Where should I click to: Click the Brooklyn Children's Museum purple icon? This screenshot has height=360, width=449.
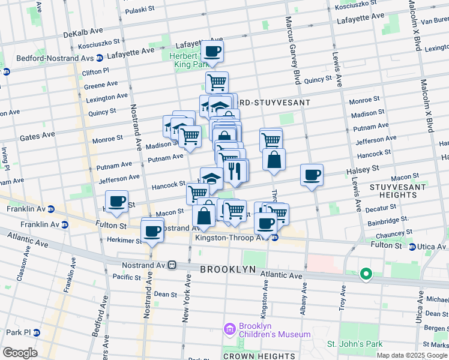[x=229, y=329]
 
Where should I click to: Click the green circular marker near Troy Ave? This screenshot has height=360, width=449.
[x=366, y=275]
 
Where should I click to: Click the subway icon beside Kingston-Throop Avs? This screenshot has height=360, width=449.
[x=274, y=237]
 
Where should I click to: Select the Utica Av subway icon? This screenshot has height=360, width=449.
[x=412, y=247]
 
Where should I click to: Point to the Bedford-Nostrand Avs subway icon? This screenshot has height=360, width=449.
[x=99, y=57]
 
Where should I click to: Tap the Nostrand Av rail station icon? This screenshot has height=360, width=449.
[x=172, y=264]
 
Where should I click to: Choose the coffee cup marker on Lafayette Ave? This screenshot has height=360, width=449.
[x=212, y=51]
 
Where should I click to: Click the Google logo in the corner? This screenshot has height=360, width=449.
[x=20, y=353]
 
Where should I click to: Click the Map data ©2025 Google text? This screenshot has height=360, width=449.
[x=411, y=355]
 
